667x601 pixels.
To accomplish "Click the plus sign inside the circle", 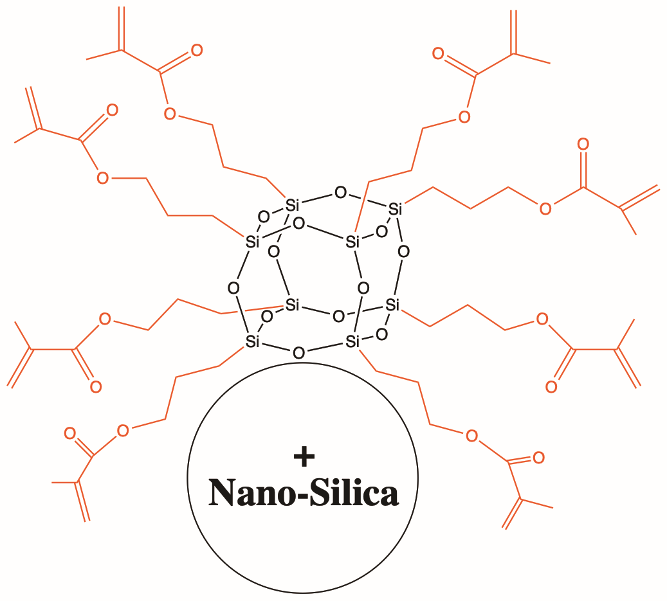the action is (x=304, y=456).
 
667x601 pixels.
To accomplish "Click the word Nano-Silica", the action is (x=304, y=493).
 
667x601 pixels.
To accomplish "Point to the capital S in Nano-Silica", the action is (x=320, y=493).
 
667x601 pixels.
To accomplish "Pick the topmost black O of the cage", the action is (x=340, y=193).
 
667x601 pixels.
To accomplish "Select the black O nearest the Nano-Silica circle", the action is (x=298, y=353).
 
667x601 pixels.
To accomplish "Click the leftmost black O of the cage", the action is (x=233, y=288).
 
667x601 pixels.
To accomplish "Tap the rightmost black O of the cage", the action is (x=403, y=251).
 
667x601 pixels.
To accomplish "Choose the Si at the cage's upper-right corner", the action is (x=395, y=209).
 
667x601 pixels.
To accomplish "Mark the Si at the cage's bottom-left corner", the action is (x=252, y=341).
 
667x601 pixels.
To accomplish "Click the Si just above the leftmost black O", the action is (x=252, y=242).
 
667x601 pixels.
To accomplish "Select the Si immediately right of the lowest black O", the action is (x=352, y=341).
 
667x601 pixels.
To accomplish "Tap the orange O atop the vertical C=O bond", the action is (x=583, y=144).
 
